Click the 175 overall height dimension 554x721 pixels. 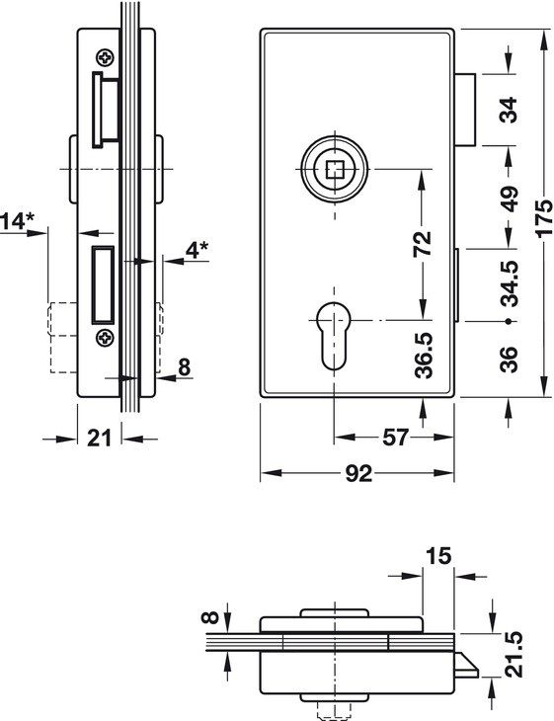point(545,217)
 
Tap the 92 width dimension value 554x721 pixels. point(358,474)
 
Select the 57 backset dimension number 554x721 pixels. point(395,438)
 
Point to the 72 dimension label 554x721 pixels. point(423,244)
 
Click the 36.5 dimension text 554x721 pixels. point(424,356)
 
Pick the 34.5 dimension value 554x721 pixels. point(510,283)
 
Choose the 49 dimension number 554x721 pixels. point(510,199)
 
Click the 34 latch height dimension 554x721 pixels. point(509,110)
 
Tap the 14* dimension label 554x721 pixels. point(18,221)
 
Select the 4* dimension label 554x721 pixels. point(197,250)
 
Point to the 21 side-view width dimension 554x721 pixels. point(100,438)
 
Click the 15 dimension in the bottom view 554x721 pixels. point(438,556)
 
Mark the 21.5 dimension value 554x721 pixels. point(514,654)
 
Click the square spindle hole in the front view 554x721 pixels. point(335,169)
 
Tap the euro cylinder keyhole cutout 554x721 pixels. point(334,336)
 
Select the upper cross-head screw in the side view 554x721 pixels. point(106,57)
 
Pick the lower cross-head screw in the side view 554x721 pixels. point(106,338)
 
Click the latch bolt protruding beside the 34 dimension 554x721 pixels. point(465,110)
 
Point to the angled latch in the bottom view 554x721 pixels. point(467,665)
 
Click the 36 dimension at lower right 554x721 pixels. point(509,360)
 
